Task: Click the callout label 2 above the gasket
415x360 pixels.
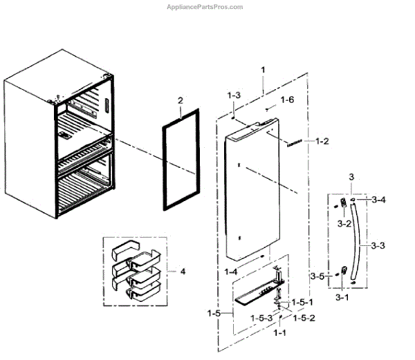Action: (x=180, y=101)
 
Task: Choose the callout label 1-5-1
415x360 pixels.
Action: (x=302, y=302)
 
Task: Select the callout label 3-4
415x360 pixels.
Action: (x=378, y=200)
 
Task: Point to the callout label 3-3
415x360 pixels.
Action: (x=378, y=245)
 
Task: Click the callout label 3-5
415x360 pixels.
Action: (x=317, y=276)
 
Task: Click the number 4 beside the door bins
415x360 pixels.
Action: (x=183, y=272)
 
